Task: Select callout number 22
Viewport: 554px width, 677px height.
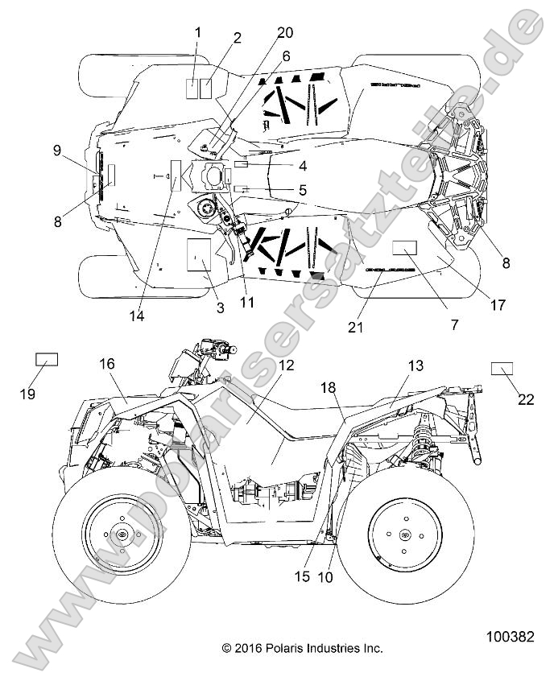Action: pyautogui.click(x=526, y=398)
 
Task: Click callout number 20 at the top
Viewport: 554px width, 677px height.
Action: pyautogui.click(x=285, y=33)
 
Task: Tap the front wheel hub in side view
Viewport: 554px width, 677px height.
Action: pyautogui.click(x=122, y=535)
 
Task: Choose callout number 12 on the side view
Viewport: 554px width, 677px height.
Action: pyautogui.click(x=287, y=364)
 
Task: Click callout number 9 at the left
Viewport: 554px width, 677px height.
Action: pyautogui.click(x=56, y=150)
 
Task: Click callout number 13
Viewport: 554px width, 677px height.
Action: pyautogui.click(x=415, y=365)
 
